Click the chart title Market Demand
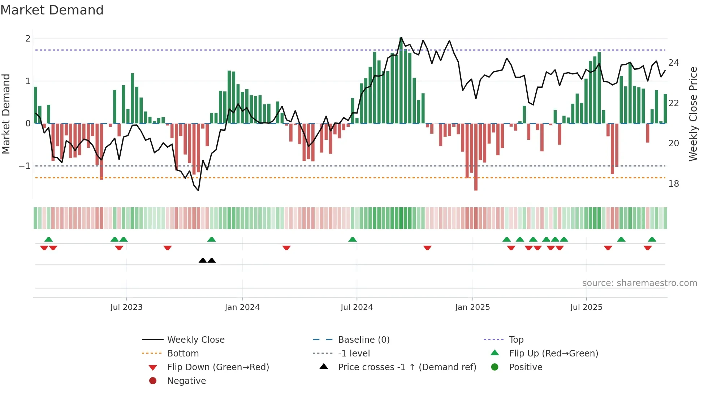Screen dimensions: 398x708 coord(52,10)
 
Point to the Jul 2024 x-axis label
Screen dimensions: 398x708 coord(357,307)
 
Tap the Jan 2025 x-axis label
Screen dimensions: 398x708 coord(472,307)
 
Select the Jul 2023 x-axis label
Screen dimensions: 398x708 coord(126,307)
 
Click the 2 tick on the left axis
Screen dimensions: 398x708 coord(28,39)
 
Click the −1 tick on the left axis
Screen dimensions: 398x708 coord(25,166)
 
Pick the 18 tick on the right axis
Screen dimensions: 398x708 coord(674,184)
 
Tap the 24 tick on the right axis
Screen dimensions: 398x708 coord(674,63)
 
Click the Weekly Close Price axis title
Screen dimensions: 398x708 coord(693,114)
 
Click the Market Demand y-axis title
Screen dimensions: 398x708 coord(6,114)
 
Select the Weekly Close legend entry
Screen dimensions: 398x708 coord(196,340)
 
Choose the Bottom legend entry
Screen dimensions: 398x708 coord(183,354)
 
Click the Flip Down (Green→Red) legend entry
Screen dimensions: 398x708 coord(218,367)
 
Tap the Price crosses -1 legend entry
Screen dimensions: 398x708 coord(407,367)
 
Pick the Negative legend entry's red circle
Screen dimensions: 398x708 coord(153,381)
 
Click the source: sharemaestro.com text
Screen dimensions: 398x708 coord(639,283)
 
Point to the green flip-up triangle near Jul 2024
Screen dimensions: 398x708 coord(353,239)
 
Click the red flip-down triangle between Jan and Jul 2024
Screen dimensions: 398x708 coord(286,248)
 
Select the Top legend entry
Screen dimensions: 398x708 coord(516,340)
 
